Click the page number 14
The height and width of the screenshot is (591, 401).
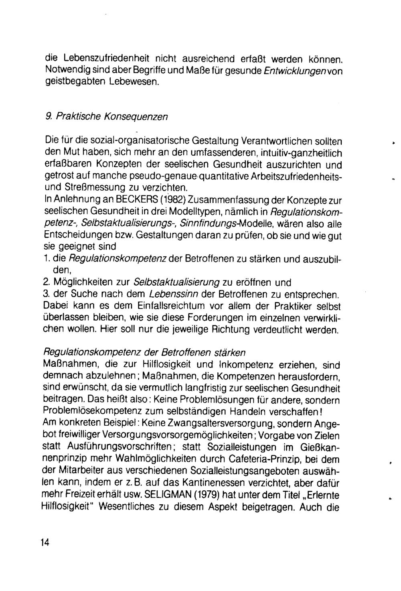click(45, 542)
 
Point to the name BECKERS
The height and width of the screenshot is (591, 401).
click(135, 199)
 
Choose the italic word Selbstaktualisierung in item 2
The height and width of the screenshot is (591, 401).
click(177, 282)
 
